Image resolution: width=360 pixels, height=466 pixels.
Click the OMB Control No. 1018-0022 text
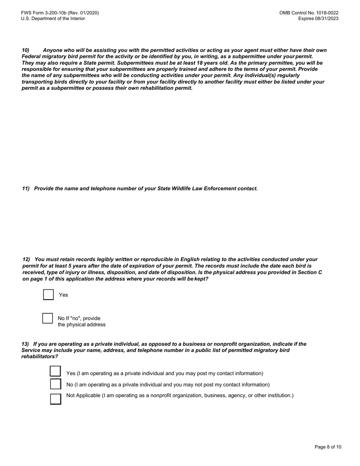click(x=309, y=13)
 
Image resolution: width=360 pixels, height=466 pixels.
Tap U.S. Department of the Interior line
click(x=53, y=19)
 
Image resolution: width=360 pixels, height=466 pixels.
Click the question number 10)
click(x=25, y=50)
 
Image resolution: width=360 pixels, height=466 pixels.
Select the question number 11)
click(x=26, y=188)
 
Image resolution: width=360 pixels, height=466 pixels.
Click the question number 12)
click(x=26, y=260)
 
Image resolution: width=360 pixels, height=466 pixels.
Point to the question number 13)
click(x=25, y=344)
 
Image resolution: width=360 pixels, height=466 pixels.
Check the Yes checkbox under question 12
click(x=49, y=295)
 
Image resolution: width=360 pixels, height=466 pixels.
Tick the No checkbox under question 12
click(x=47, y=318)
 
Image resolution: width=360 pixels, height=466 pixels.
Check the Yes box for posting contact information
click(x=55, y=372)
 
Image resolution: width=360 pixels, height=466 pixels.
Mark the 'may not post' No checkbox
click(x=55, y=384)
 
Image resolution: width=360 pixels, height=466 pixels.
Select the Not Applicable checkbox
click(x=55, y=399)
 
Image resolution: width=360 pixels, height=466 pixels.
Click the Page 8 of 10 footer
click(x=328, y=447)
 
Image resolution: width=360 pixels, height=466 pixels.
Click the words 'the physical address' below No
click(x=81, y=325)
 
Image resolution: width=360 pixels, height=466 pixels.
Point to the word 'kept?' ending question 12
click(x=201, y=279)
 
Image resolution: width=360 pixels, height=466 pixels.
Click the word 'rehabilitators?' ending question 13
click(x=40, y=357)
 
